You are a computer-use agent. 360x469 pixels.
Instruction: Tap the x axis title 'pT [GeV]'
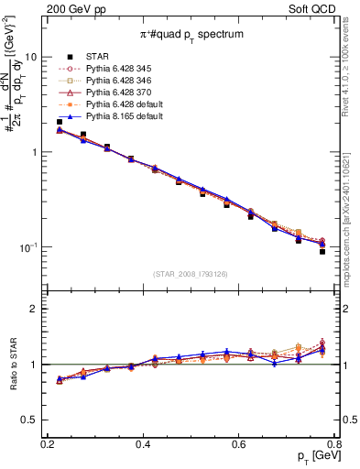[x=311, y=457]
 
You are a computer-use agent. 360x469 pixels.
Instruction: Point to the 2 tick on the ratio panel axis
[x=35, y=309]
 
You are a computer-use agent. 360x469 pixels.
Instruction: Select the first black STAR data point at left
[x=60, y=122]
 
